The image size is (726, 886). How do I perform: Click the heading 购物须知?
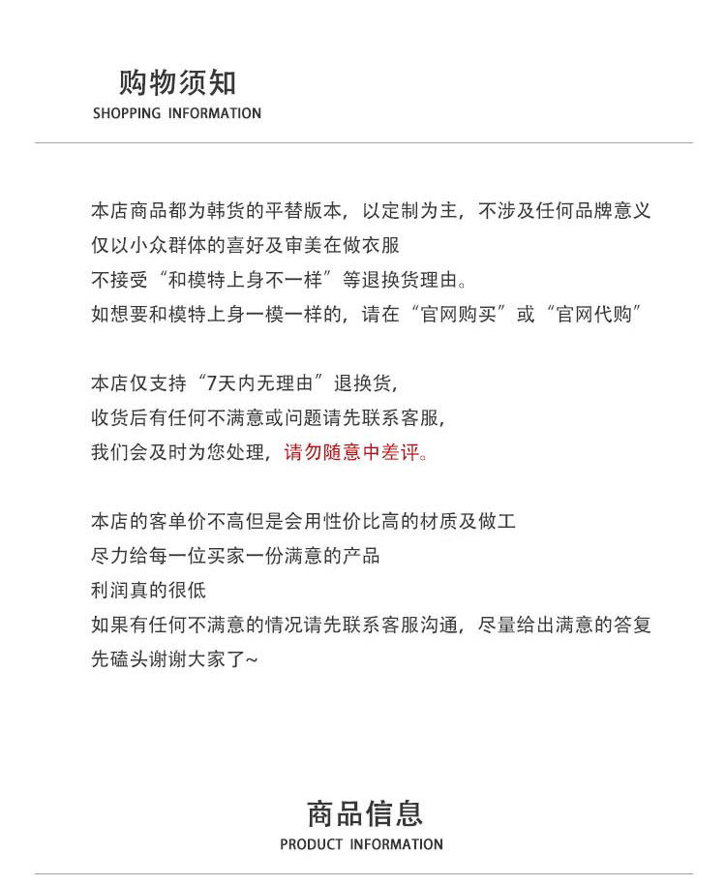pyautogui.click(x=177, y=82)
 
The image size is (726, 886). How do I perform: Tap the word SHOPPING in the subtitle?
pyautogui.click(x=127, y=113)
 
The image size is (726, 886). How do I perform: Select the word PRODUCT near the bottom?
pyautogui.click(x=311, y=844)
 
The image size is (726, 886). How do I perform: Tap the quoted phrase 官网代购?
pyautogui.click(x=594, y=316)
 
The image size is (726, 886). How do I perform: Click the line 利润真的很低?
pyautogui.click(x=148, y=590)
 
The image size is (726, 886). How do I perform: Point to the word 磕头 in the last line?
pyautogui.click(x=125, y=659)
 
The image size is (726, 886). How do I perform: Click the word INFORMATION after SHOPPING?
pyautogui.click(x=215, y=113)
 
